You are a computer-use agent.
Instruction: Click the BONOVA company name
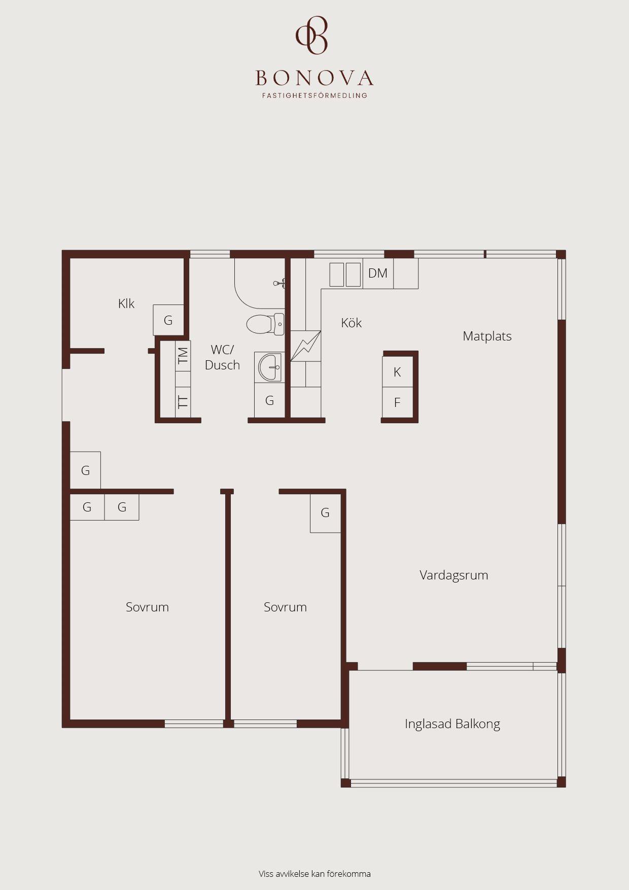[314, 78]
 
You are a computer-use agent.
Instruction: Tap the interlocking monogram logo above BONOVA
[312, 35]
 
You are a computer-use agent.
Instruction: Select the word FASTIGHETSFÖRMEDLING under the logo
[314, 95]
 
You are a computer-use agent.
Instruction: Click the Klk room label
[126, 303]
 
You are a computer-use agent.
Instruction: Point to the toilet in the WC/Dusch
[265, 324]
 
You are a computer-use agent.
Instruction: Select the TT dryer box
[183, 402]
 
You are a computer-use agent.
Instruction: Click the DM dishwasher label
[378, 273]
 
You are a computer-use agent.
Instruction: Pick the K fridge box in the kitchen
[397, 372]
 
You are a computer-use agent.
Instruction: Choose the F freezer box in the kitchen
[397, 403]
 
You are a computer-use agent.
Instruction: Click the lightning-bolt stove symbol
[305, 346]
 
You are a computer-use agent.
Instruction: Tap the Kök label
[351, 323]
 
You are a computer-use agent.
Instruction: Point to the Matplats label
[487, 336]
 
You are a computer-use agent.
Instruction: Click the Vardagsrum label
[453, 575]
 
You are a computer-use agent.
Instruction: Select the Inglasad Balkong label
[452, 724]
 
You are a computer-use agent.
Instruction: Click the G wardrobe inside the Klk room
[168, 320]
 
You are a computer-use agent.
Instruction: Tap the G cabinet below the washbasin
[269, 400]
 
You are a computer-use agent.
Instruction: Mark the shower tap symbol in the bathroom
[279, 283]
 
